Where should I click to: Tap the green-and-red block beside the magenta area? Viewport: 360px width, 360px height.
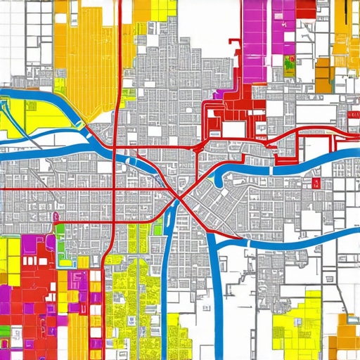(290, 67)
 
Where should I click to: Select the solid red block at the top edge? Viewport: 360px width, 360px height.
(306, 8)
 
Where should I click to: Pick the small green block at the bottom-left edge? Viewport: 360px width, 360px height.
(5, 330)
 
